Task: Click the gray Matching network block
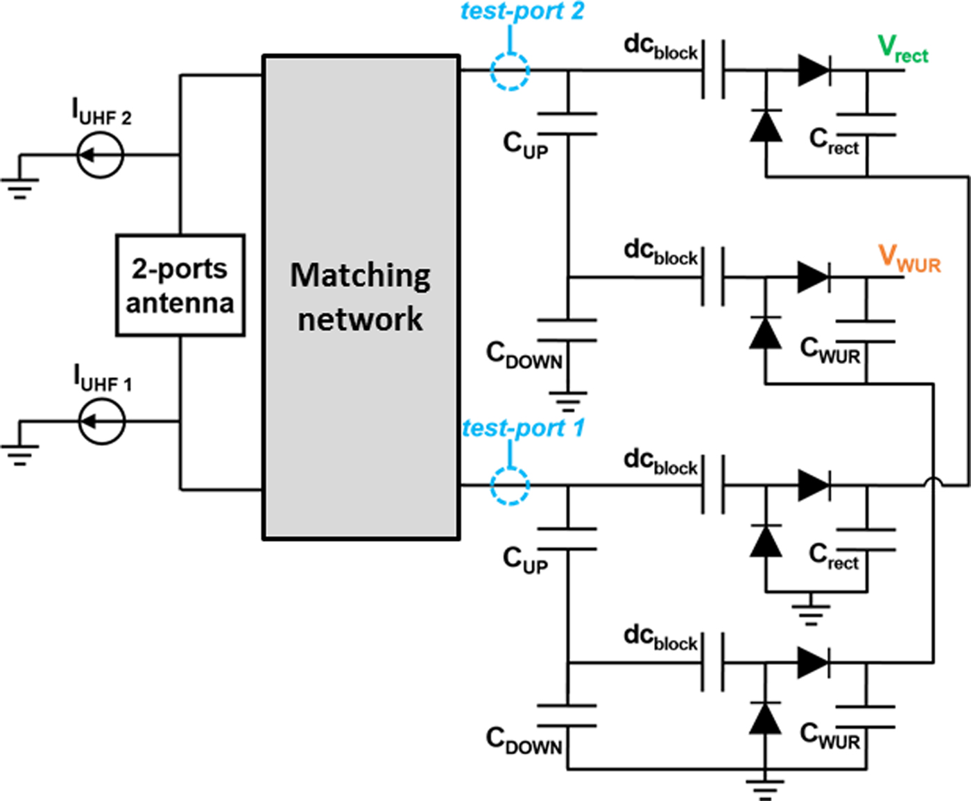pos(361,297)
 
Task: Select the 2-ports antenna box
pos(180,285)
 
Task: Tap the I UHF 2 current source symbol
pos(100,155)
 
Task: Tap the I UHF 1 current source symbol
pos(101,421)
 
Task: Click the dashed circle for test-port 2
pos(510,70)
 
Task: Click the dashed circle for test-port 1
pos(510,485)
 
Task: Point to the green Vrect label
pos(902,50)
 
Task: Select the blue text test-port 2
pos(522,12)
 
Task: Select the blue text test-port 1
pos(523,428)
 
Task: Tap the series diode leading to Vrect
pos(814,70)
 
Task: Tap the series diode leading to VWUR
pos(814,277)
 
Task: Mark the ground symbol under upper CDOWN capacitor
pos(568,400)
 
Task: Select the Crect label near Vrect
pos(834,142)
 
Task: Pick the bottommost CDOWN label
pos(524,740)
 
